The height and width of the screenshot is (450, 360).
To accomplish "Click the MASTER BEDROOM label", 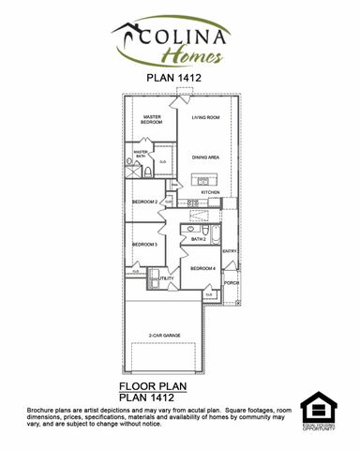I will coord(152,120).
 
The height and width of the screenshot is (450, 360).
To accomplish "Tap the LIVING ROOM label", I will coord(205,118).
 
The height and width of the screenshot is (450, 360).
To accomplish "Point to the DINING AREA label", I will coord(205,157).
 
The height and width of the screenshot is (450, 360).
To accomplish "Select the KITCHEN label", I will coord(210,192).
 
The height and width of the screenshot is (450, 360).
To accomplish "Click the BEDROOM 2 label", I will coord(143,202).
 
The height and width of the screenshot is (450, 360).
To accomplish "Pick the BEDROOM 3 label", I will coord(143,245).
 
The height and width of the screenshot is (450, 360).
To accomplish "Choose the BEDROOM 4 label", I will coord(202,269).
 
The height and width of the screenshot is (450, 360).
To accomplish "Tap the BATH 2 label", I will coord(198,239).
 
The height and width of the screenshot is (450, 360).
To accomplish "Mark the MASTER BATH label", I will coord(142,154).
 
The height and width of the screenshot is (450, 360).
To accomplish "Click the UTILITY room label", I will coord(167,278).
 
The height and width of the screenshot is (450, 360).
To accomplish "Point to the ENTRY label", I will coord(230,250).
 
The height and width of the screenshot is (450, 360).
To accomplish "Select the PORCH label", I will coord(231,282).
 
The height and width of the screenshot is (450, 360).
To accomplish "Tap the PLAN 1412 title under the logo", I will coord(174,79).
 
